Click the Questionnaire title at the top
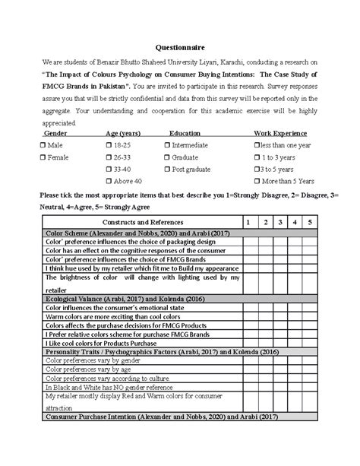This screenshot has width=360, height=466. (x=180, y=48)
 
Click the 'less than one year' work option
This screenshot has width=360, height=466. (x=257, y=144)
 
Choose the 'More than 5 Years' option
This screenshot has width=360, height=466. (x=257, y=182)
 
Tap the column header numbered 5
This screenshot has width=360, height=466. (x=310, y=220)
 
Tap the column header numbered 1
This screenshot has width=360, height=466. (x=245, y=220)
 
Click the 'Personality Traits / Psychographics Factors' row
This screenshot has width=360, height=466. (x=152, y=353)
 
